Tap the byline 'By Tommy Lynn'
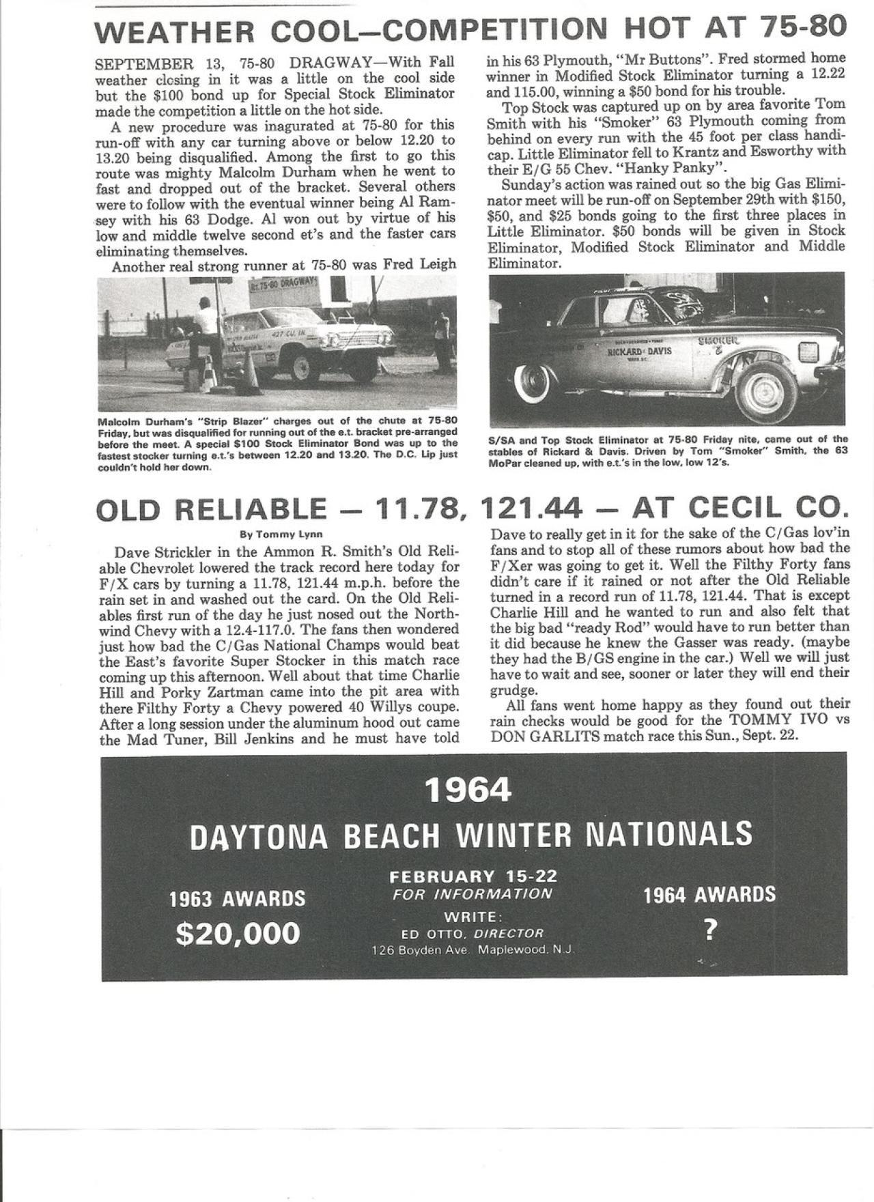click(x=279, y=534)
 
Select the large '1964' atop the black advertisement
click(x=468, y=790)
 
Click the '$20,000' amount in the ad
click(x=238, y=933)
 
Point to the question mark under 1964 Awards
click(x=710, y=932)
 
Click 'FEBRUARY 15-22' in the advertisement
click(x=473, y=876)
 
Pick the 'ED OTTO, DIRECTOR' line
click(x=473, y=933)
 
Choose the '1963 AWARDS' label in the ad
click(x=238, y=899)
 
